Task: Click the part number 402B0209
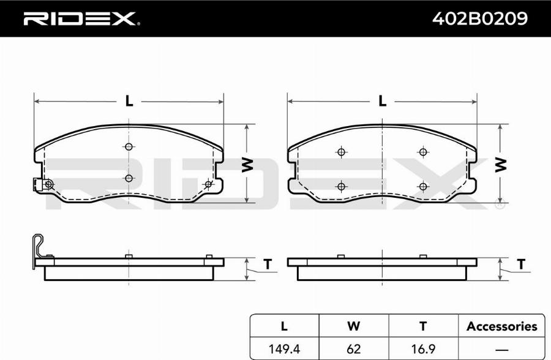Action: point(479,18)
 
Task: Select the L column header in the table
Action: point(284,326)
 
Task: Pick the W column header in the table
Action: point(353,326)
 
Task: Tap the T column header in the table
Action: point(423,326)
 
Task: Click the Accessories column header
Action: point(502,326)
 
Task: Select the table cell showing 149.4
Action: point(284,349)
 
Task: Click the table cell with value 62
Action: point(353,349)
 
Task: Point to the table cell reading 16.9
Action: point(423,349)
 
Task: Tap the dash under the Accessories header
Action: point(502,350)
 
